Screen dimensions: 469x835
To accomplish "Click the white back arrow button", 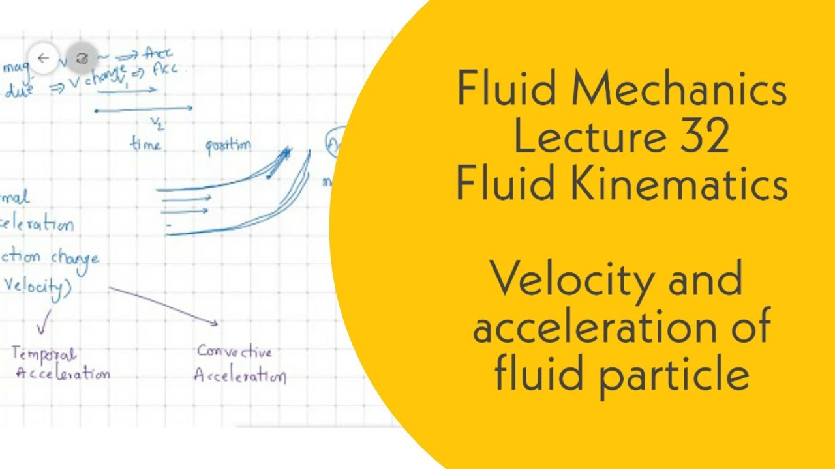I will point(44,59).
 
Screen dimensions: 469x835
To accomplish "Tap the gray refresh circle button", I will point(82,59).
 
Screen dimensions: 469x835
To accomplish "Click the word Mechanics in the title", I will point(678,91).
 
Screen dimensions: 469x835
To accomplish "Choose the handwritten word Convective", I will point(234,352).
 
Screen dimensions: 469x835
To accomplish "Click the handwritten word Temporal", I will point(44,354).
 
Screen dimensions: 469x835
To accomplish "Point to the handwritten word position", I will point(228,146).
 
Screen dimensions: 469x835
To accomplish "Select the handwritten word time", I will point(145,144).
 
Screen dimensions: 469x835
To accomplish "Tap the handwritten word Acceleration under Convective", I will point(239,377).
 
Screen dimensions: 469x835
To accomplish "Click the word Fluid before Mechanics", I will point(506,91).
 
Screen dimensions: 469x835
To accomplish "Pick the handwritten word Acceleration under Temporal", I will point(62,374).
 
